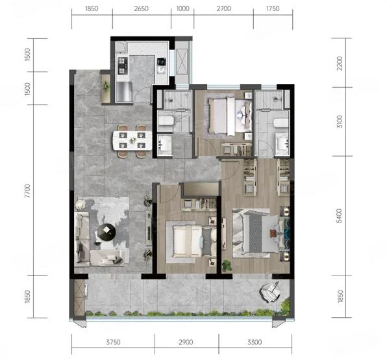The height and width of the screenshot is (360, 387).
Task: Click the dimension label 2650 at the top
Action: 141,8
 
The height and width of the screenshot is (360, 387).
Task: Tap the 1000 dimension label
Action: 183,8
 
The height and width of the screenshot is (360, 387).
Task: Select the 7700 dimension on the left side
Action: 28,190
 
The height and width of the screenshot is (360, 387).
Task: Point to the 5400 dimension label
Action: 340,216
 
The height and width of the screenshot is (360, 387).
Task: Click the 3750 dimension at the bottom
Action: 113,342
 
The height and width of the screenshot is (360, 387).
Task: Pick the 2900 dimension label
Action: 186,342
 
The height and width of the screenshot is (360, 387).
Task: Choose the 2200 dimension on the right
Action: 340,64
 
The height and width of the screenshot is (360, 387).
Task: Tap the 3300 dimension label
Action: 255,342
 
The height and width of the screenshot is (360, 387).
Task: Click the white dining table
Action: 132,140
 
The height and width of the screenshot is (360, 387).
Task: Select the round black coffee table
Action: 107,232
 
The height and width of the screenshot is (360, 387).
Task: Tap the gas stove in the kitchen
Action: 122,66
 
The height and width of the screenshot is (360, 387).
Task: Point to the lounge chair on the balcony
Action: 269,292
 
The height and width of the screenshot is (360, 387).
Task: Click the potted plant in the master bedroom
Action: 227,266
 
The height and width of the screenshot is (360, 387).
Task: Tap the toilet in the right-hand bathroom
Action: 281,123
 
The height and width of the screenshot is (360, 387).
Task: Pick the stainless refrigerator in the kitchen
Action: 124,92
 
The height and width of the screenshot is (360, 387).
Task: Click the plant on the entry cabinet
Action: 106,86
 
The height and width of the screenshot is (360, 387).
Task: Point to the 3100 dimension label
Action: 340,122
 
